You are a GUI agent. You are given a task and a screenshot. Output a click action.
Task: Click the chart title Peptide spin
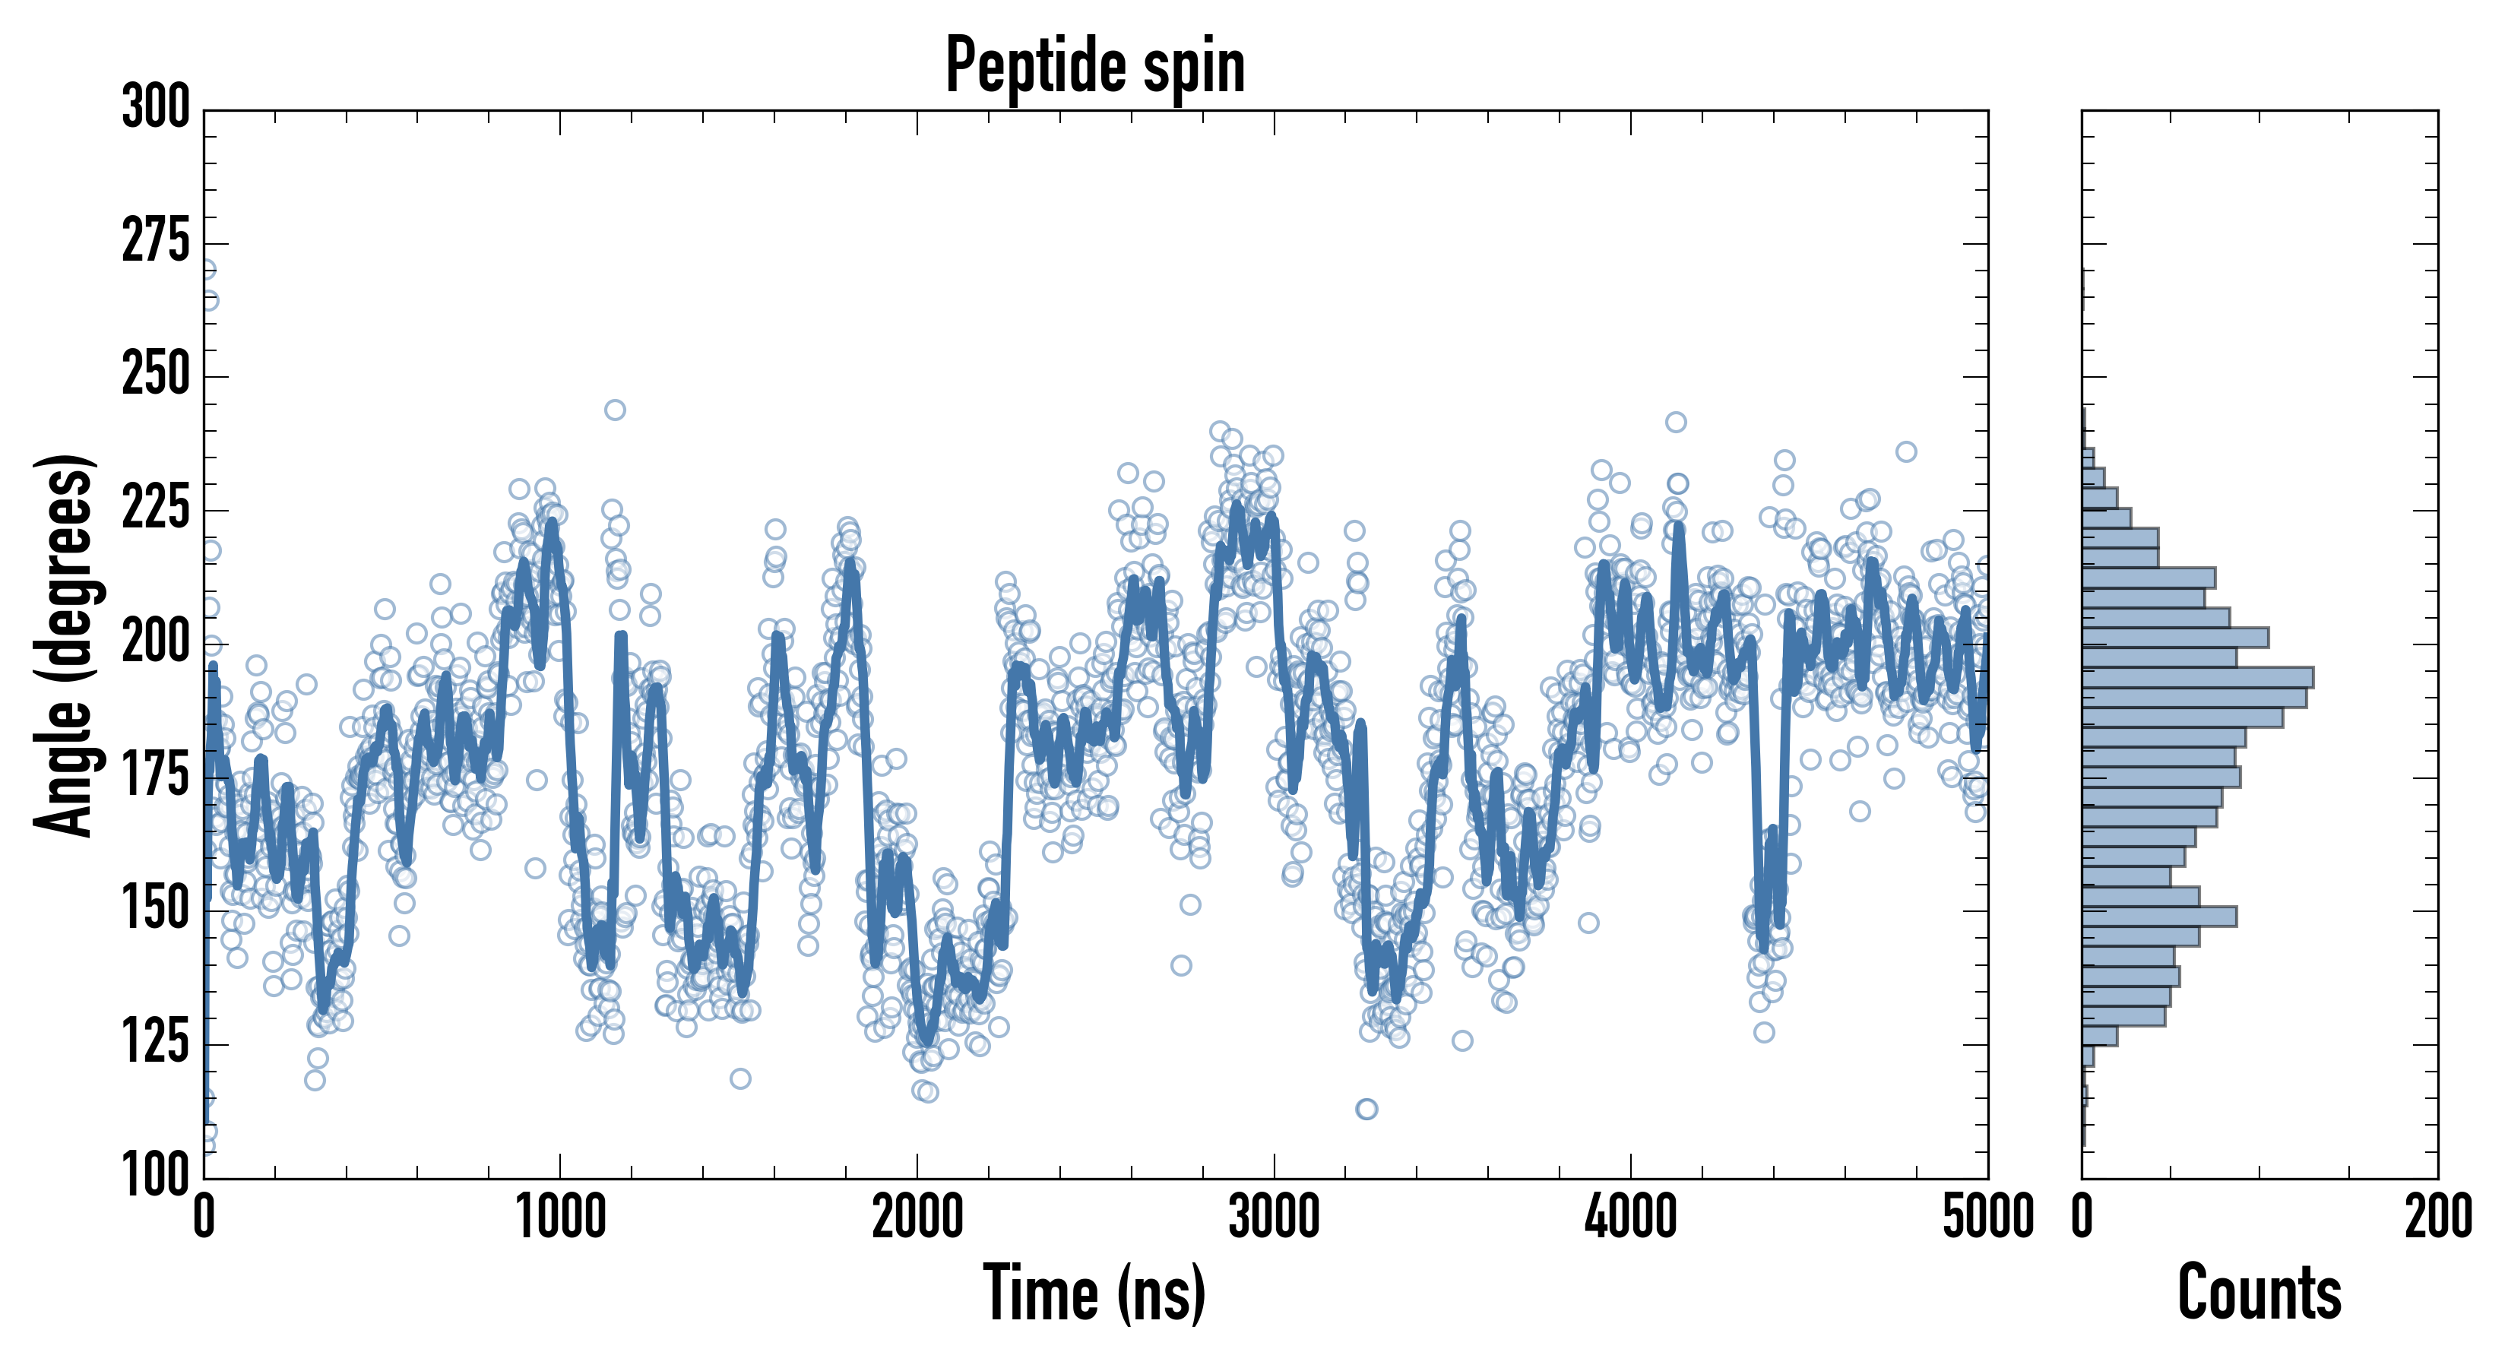1095,65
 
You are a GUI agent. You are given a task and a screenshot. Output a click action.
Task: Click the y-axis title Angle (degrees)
65,644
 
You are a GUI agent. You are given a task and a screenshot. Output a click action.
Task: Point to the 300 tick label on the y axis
156,107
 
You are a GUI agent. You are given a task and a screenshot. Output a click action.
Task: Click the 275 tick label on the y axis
156,242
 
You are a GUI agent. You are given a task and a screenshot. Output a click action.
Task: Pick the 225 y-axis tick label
156,508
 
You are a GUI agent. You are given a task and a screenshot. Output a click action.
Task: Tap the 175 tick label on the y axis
156,776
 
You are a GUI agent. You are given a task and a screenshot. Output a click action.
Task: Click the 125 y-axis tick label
156,1043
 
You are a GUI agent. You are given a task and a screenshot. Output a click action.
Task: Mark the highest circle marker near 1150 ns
614,410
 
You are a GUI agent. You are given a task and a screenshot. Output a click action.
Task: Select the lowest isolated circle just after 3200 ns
1366,1109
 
